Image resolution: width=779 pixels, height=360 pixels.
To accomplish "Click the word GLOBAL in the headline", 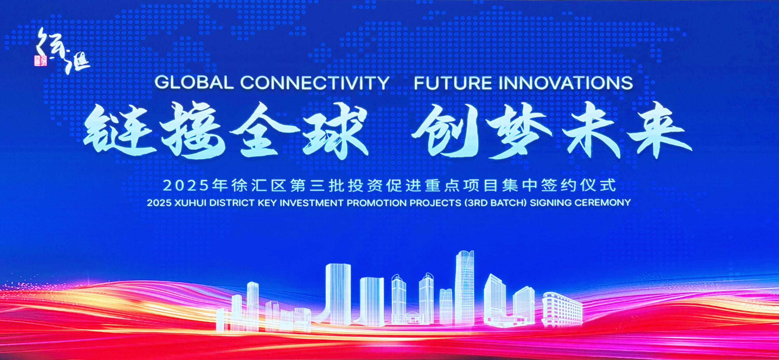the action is [194, 82].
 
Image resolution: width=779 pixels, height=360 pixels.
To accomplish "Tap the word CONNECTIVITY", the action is [315, 82].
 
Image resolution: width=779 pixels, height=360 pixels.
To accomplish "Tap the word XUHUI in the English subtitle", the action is [190, 203].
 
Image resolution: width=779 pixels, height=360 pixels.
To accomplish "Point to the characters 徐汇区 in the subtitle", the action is [259, 185].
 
